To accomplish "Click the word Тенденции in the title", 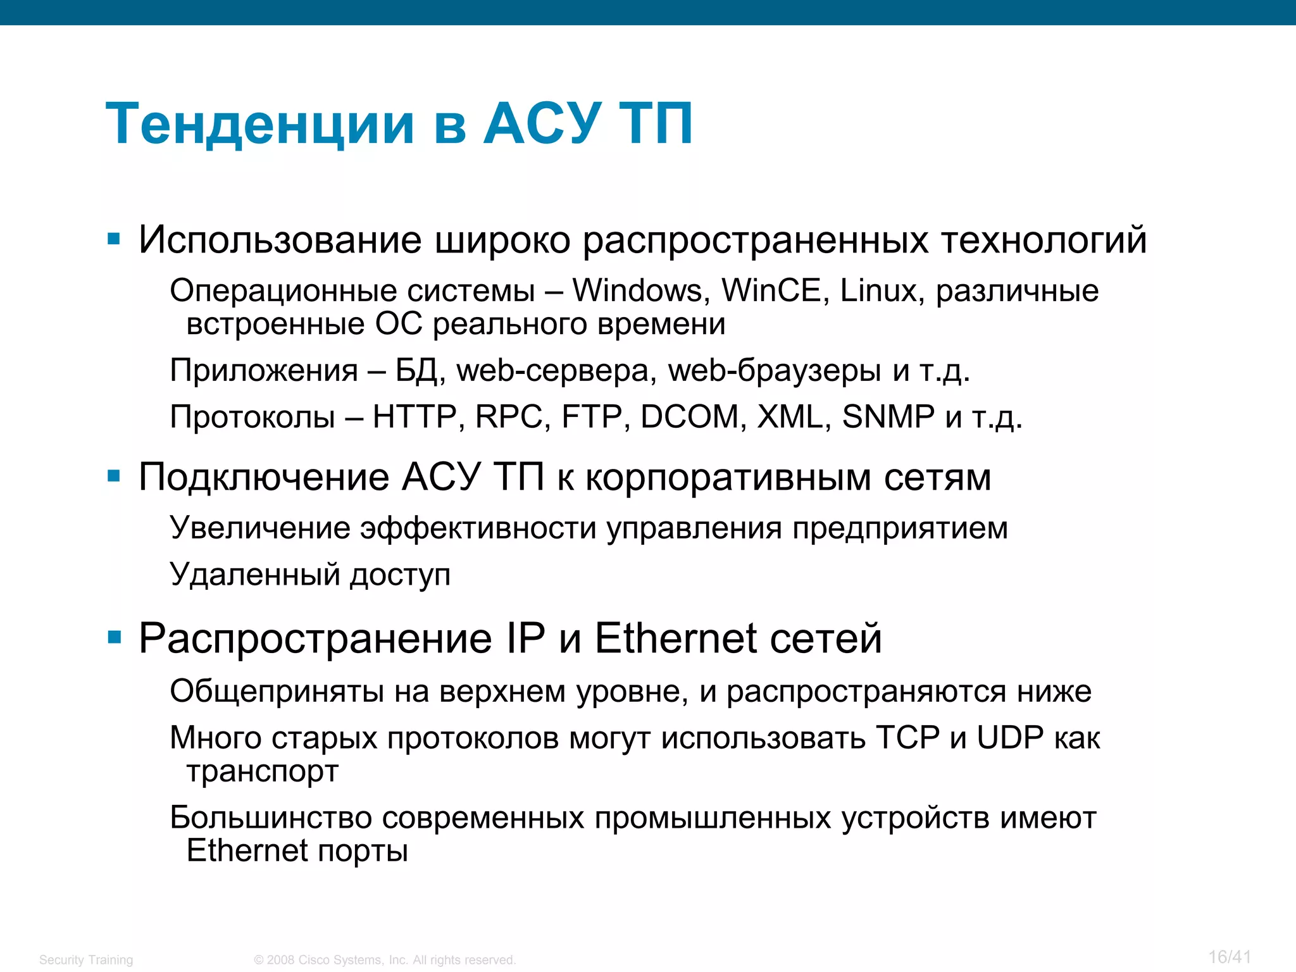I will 260,124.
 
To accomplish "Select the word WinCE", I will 771,291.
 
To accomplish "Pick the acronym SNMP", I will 888,417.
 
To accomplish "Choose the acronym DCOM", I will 689,417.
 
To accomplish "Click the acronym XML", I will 790,417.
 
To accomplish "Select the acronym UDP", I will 1010,738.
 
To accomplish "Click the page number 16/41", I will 1230,957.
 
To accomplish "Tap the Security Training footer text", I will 86,960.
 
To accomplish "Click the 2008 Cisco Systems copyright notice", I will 385,960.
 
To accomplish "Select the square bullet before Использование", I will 114,239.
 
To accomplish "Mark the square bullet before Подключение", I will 114,476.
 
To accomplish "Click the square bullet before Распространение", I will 114,637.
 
